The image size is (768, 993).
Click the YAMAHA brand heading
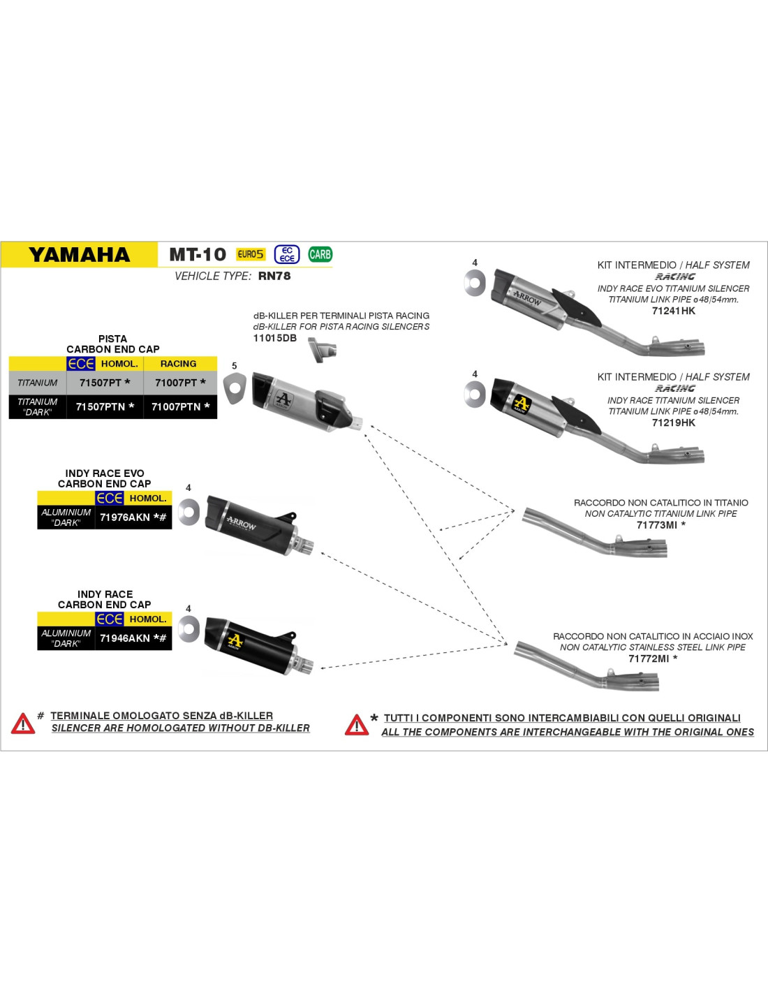coord(79,254)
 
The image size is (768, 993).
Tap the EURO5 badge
coord(251,254)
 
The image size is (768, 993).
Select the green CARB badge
coord(320,254)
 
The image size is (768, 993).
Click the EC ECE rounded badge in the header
coord(287,254)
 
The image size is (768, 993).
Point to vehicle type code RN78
coord(274,276)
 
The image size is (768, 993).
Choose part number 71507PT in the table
coord(100,383)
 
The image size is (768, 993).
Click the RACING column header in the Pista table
coord(178,364)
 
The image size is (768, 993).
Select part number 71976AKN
coord(125,517)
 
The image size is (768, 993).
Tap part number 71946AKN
coord(125,638)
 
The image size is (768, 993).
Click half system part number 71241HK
coord(674,311)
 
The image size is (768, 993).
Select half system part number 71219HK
coord(674,422)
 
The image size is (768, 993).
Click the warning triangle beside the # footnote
coord(23,723)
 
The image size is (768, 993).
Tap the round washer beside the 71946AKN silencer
coord(189,628)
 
